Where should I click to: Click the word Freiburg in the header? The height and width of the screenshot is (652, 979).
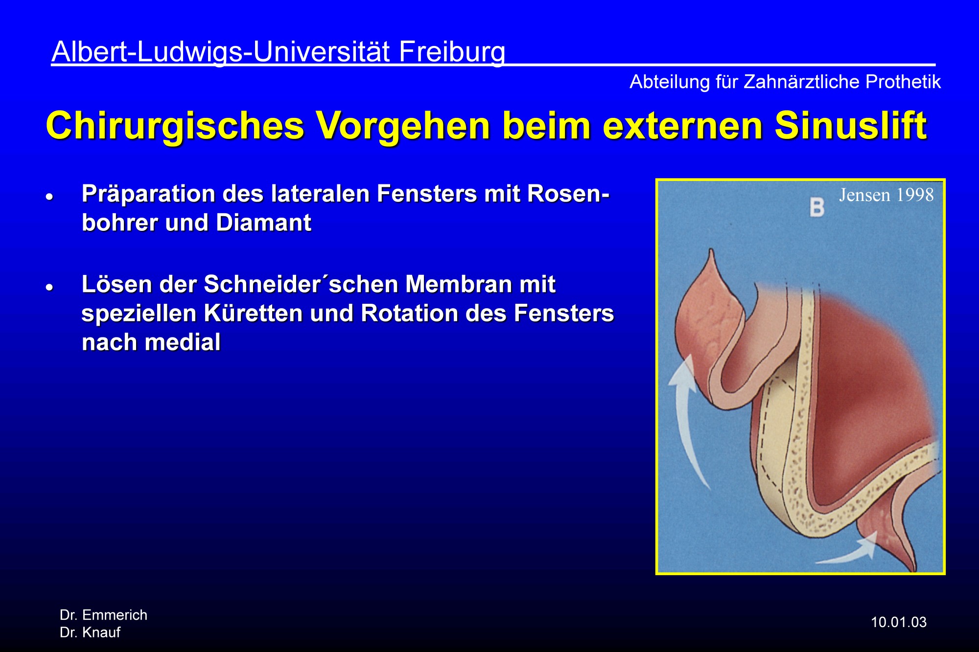click(452, 52)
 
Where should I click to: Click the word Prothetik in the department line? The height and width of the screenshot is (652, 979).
click(903, 82)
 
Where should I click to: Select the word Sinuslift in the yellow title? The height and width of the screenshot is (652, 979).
click(851, 125)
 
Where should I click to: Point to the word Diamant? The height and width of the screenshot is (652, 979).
click(263, 223)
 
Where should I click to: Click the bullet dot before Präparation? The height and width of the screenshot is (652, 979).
click(49, 197)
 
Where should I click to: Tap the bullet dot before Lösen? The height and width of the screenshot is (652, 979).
click(49, 287)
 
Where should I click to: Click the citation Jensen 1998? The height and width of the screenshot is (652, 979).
click(886, 195)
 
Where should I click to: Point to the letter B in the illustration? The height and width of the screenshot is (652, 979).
click(816, 207)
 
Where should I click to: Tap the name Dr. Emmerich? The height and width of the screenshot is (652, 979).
click(103, 615)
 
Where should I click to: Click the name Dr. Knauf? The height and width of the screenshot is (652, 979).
click(90, 632)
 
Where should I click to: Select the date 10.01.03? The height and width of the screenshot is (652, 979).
click(899, 622)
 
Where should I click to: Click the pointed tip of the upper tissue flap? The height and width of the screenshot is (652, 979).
click(711, 250)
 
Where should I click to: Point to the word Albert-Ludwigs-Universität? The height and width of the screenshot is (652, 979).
click(221, 52)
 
